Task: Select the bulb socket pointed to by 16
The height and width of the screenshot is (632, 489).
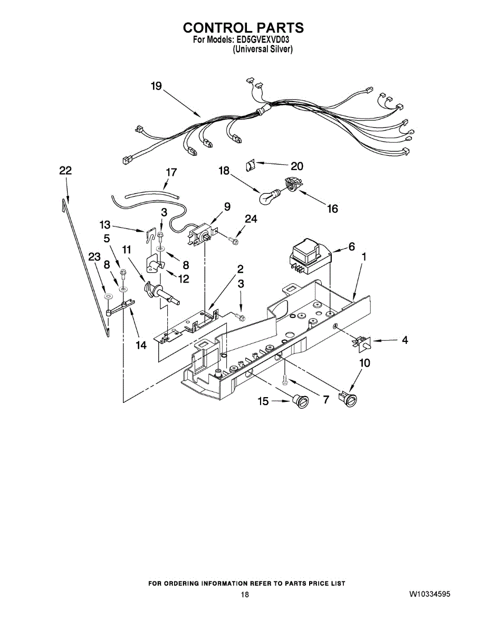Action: tap(291, 185)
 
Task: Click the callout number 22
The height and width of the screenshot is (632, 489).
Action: tap(65, 171)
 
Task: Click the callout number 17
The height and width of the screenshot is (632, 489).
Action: tap(171, 172)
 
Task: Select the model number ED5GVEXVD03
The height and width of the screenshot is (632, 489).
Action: tap(262, 39)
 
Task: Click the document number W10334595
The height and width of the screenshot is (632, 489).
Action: tap(429, 594)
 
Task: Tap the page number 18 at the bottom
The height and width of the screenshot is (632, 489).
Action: tap(245, 595)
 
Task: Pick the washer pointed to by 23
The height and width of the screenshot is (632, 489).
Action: tap(108, 298)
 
